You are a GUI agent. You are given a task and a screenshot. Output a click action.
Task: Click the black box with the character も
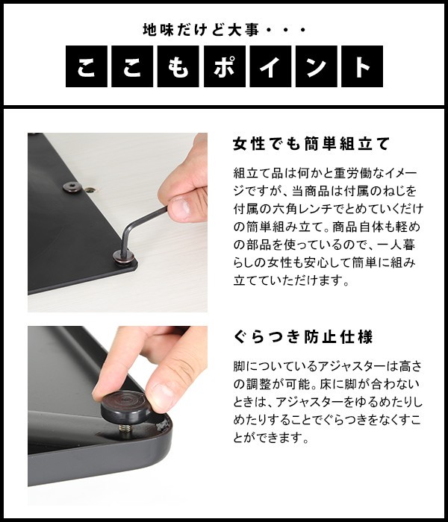pos(178,66)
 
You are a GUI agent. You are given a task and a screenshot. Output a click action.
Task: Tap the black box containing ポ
pos(224,66)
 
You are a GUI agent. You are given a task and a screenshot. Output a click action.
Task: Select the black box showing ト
pos(362,66)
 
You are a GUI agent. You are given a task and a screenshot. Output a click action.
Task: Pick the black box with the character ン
pos(317,66)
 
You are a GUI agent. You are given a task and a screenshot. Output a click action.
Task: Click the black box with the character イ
pos(270,66)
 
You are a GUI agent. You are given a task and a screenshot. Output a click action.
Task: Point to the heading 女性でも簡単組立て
pos(311,144)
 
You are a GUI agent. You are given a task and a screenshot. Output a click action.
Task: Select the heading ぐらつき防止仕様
pos(302,337)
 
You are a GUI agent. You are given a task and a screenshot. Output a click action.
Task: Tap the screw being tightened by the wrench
pos(123,257)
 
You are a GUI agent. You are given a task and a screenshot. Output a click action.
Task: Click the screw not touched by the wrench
pos(72,186)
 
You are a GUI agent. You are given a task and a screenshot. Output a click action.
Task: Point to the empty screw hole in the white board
pos(90,190)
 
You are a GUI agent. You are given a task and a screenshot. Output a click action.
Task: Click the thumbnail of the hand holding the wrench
pos(117,222)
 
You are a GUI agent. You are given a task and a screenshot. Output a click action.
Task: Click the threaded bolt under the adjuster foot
pos(125,428)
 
